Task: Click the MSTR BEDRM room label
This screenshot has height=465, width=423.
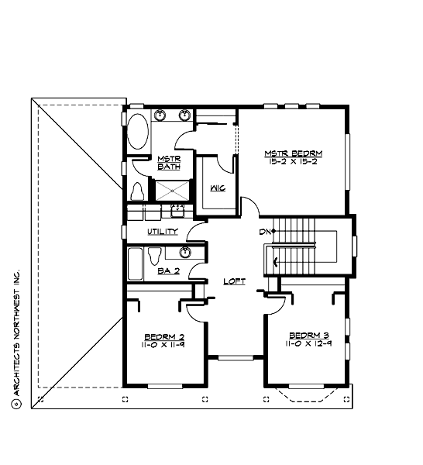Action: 292,153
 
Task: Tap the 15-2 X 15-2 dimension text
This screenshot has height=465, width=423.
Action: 292,162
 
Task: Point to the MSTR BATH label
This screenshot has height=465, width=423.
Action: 168,162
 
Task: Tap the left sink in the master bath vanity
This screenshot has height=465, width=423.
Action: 161,116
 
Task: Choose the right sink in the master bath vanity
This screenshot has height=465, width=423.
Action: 185,116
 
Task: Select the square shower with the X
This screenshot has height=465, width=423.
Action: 173,190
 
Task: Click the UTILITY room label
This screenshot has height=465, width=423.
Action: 163,231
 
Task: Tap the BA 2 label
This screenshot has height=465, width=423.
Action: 168,270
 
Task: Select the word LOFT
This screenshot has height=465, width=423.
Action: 235,281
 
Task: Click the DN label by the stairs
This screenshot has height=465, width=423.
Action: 264,232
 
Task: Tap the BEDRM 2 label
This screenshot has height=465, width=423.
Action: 163,336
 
